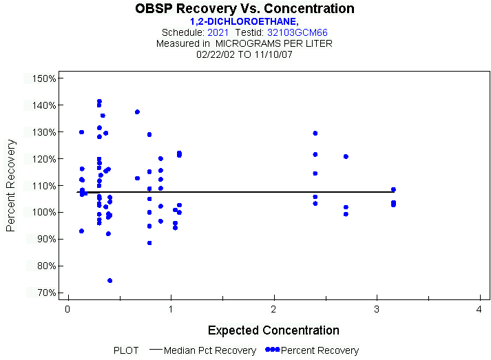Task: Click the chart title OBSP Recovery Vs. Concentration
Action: (x=245, y=9)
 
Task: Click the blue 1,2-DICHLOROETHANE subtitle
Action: (x=244, y=21)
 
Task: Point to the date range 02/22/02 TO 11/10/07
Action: (x=244, y=54)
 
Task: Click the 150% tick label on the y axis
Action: (x=43, y=78)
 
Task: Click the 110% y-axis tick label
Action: (x=43, y=186)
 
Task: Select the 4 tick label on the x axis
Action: (x=479, y=310)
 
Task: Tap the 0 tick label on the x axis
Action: (x=67, y=310)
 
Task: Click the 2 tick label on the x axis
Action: (x=273, y=310)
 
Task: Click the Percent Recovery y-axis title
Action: (x=12, y=185)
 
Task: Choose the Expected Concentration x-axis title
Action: (x=273, y=330)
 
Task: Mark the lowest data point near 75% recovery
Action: (x=110, y=281)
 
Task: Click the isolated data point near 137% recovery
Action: (x=137, y=112)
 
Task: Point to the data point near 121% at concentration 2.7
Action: (x=346, y=156)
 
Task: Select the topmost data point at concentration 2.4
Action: (x=315, y=133)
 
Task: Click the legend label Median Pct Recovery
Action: (x=210, y=350)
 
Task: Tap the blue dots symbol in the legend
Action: (x=273, y=350)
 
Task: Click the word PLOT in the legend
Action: (x=126, y=350)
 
